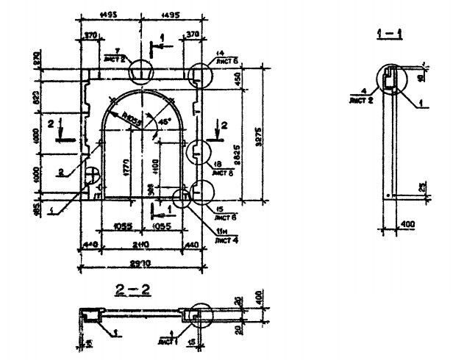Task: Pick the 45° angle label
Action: tap(164, 119)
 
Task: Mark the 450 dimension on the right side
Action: tap(238, 84)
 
